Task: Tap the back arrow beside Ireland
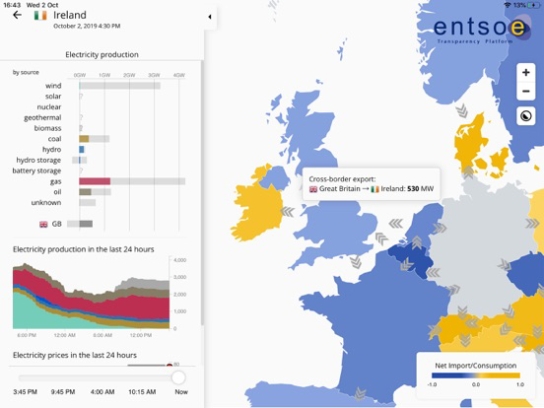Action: click(x=17, y=16)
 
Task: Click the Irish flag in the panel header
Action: click(x=39, y=16)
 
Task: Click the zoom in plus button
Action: click(x=526, y=72)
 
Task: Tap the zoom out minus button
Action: click(x=526, y=92)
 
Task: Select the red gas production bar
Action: click(x=95, y=181)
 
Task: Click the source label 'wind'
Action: click(x=53, y=86)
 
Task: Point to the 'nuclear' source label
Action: click(x=49, y=106)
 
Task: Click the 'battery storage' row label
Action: click(x=37, y=170)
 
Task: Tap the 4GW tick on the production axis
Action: click(x=178, y=75)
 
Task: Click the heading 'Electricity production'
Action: click(x=102, y=54)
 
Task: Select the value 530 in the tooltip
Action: click(x=413, y=188)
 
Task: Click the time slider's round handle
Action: click(x=178, y=377)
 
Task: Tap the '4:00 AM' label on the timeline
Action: click(x=102, y=392)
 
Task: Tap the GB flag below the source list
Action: click(x=43, y=225)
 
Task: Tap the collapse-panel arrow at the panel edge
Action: click(x=210, y=17)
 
